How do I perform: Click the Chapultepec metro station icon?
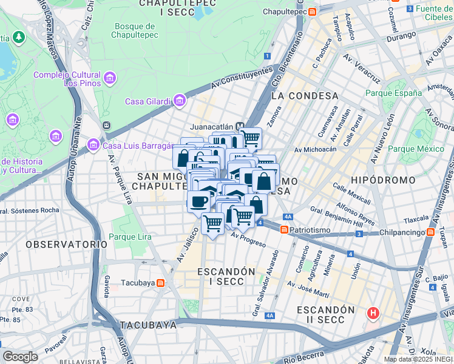[311, 12]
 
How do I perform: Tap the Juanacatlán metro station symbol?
[240, 127]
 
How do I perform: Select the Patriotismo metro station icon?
[283, 230]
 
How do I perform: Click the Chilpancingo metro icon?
[430, 232]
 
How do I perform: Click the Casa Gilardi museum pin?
[179, 101]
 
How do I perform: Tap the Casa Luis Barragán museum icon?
[93, 145]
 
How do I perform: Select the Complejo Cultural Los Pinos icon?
[109, 78]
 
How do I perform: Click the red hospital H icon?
[373, 314]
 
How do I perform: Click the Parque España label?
[393, 93]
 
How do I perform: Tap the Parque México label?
[416, 149]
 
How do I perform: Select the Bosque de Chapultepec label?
[141, 30]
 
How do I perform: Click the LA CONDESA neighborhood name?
[305, 96]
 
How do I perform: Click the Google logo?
[20, 356]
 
